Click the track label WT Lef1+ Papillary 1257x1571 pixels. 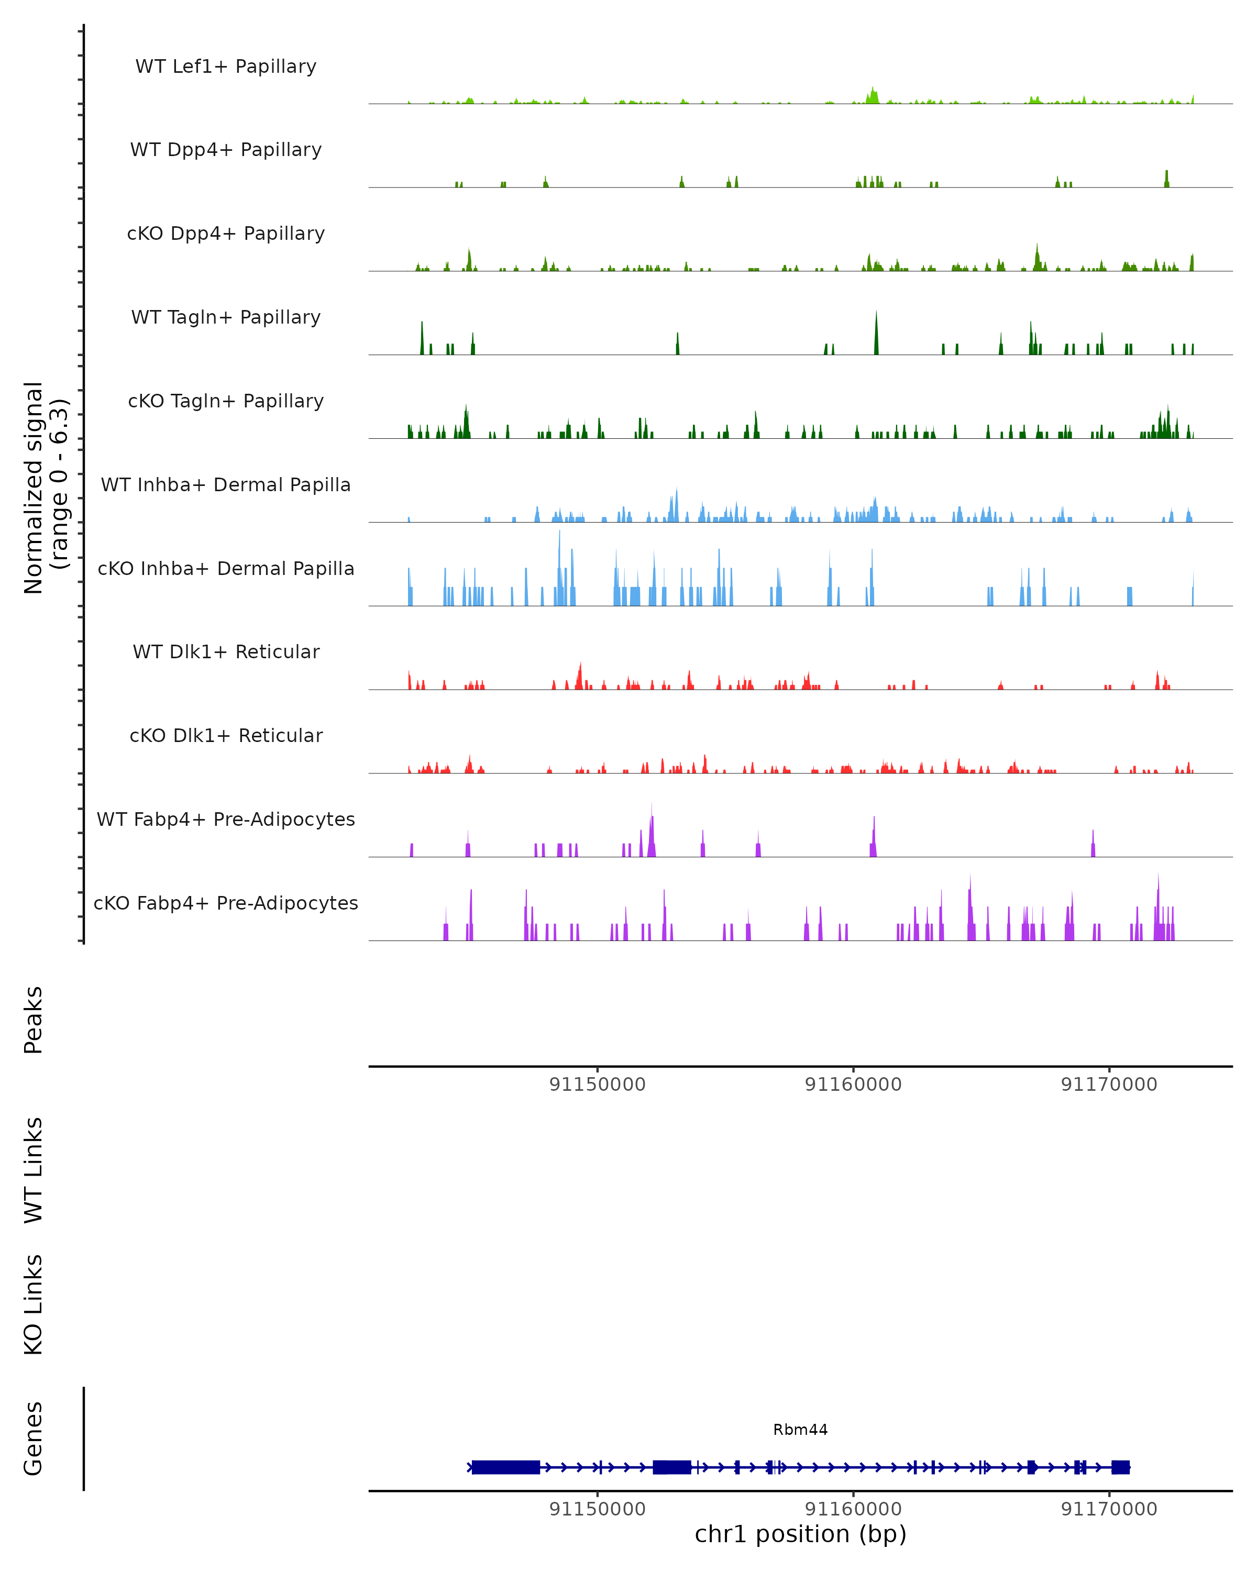click(226, 67)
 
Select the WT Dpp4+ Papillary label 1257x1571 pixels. click(226, 150)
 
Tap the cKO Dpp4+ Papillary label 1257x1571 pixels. click(226, 234)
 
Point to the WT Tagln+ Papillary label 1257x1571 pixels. click(226, 318)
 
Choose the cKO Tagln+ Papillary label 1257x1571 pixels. click(226, 402)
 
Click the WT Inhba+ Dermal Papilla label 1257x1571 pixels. click(226, 485)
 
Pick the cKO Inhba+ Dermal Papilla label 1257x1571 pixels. click(226, 569)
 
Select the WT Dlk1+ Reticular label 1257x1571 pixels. click(226, 652)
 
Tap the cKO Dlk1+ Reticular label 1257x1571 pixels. click(226, 736)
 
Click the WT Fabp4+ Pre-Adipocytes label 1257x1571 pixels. click(226, 820)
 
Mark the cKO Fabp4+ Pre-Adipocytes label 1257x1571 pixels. click(226, 903)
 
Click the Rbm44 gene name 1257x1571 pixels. click(800, 1430)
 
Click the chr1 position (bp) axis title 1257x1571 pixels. click(800, 1534)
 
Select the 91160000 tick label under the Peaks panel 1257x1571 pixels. click(853, 1085)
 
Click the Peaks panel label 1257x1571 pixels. click(34, 1020)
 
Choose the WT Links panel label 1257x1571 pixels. click(34, 1169)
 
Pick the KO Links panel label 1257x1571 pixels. click(34, 1304)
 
